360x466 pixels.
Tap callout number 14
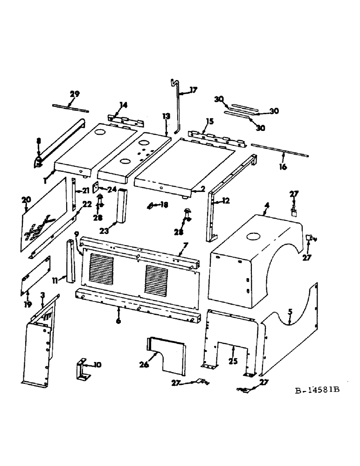[x=123, y=105]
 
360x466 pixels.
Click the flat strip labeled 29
[x=70, y=108]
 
